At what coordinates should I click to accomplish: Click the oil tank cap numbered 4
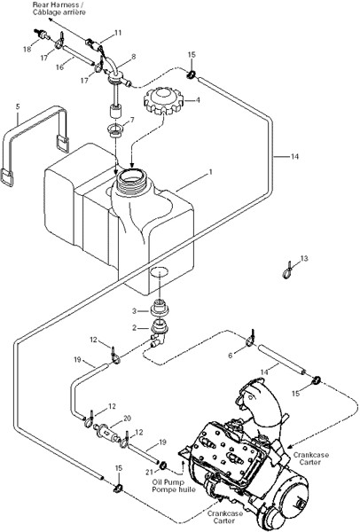(163, 100)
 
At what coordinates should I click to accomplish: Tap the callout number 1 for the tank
(210, 172)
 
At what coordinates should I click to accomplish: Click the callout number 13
(304, 259)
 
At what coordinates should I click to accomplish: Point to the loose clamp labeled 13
(287, 271)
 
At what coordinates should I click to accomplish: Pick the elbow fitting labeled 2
(159, 334)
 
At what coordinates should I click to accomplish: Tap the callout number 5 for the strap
(18, 106)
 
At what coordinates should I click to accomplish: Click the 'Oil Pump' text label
(168, 482)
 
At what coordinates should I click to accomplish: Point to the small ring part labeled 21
(162, 465)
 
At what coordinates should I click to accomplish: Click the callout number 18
(27, 49)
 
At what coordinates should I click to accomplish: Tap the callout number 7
(132, 120)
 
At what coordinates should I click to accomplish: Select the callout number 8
(133, 57)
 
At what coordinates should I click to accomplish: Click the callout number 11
(118, 33)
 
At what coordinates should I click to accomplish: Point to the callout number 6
(231, 356)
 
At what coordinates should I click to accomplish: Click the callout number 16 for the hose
(59, 67)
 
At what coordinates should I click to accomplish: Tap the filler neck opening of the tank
(131, 176)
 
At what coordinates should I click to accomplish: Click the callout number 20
(127, 419)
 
